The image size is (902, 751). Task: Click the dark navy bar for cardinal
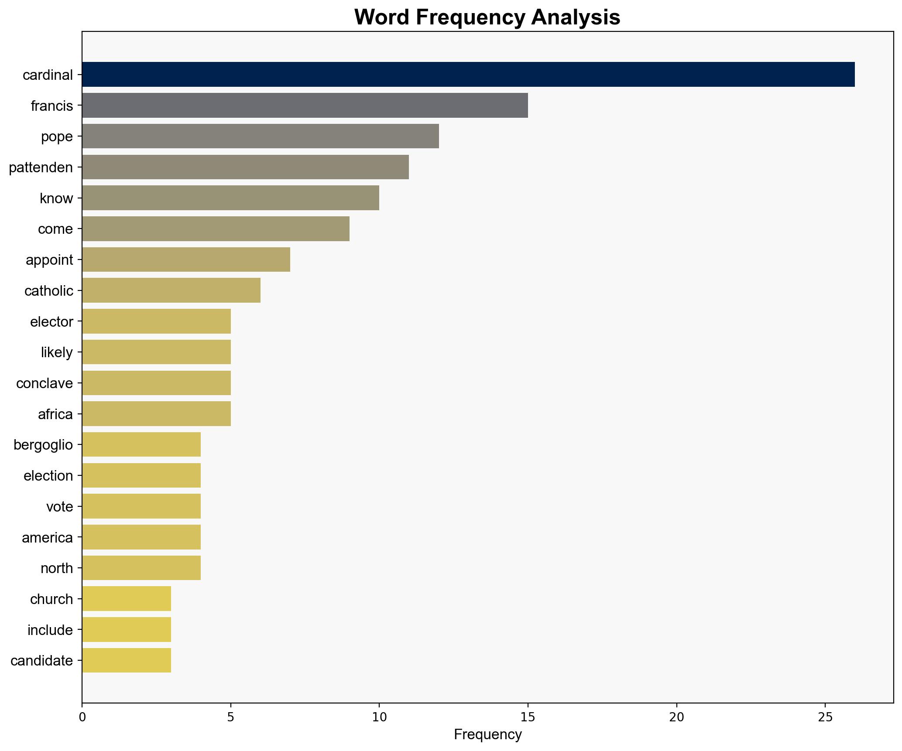pos(468,75)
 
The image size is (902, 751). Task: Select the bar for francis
pos(305,105)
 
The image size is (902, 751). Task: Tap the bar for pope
pos(260,136)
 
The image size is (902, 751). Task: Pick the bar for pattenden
pos(245,167)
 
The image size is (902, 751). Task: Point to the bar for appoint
pos(186,259)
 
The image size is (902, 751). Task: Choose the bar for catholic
pos(171,290)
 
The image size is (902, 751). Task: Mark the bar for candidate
pos(127,660)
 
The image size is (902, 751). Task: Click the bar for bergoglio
pos(141,444)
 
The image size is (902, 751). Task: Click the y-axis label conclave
pos(45,383)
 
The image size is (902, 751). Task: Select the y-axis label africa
pos(55,414)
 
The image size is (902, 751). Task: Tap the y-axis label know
pos(56,198)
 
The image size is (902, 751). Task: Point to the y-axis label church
pos(51,599)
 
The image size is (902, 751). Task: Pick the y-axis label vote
pos(59,507)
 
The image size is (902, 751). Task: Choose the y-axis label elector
pos(51,322)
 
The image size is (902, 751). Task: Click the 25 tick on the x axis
pos(825,717)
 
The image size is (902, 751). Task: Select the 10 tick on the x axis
pos(379,717)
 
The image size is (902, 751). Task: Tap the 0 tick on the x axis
pos(82,717)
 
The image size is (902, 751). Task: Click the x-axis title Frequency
pos(487,735)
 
